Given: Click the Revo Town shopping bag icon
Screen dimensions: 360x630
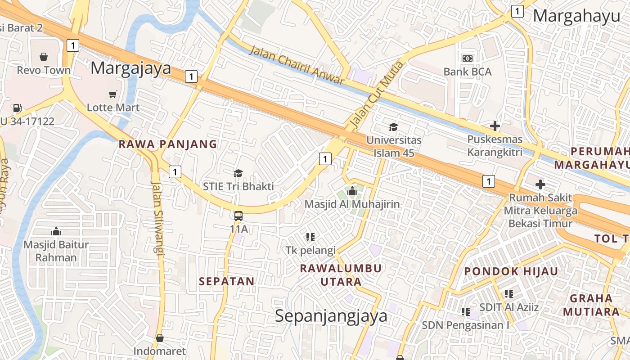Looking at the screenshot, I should tap(44, 57).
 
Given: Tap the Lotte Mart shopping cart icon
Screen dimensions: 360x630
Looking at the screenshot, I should tap(113, 94).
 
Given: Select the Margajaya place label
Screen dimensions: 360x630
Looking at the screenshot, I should tap(131, 68).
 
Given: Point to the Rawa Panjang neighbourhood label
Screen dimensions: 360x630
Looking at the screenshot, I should tap(167, 144).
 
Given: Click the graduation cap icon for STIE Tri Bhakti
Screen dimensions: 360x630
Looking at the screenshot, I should tap(238, 173).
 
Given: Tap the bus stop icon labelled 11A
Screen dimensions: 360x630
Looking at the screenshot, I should tap(238, 216).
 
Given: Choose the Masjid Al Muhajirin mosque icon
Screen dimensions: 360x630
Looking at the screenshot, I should tap(352, 191).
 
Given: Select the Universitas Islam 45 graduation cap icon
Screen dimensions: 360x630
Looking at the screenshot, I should tap(394, 127).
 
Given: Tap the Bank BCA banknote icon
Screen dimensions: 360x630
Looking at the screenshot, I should tap(468, 58).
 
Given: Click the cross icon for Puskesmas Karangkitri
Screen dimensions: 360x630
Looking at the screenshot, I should tap(495, 126).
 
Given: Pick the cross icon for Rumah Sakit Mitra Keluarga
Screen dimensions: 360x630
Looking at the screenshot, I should tap(540, 184).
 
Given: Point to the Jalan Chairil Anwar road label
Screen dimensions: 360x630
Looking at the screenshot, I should tap(297, 65).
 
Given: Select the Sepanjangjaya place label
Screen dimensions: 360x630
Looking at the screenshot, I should tap(331, 316).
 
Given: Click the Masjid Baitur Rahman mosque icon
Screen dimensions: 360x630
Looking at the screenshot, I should tap(56, 231).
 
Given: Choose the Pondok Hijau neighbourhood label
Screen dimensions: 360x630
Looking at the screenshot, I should tap(511, 271).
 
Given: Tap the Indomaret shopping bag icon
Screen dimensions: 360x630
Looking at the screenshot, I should tap(159, 338).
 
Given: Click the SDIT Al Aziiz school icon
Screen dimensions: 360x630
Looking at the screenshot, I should tap(509, 294).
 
